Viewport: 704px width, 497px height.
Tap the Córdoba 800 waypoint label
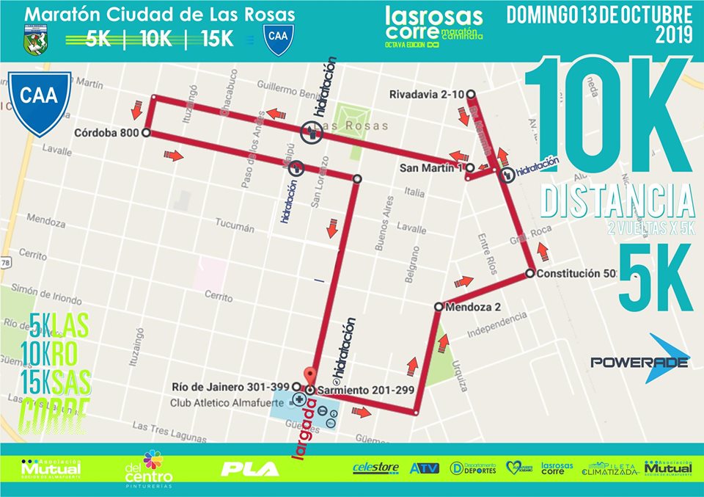coord(108,133)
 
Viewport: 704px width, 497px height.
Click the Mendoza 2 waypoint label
coord(472,307)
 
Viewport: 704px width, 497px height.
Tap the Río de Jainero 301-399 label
coord(231,386)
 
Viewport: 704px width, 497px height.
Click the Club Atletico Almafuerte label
coord(217,402)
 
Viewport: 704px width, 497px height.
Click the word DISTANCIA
coord(617,201)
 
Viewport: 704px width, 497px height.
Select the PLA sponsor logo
coord(251,468)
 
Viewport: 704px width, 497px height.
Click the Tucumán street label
coord(235,228)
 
